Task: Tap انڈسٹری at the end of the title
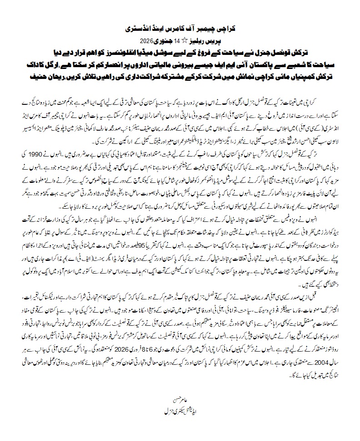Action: coord(140,28)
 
